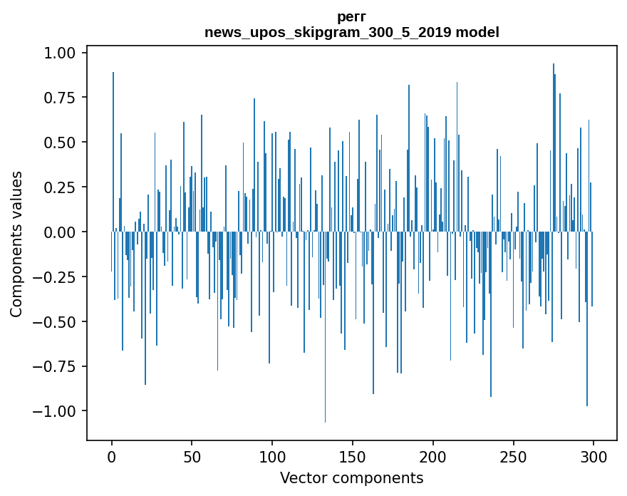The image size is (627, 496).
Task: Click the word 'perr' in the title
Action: pos(351,16)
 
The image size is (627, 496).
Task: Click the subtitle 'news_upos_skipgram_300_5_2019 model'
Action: pos(351,32)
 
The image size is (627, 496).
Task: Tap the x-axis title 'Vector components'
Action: pos(351,478)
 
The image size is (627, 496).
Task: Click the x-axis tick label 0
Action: pos(112,456)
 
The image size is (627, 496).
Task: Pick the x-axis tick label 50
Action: pos(192,456)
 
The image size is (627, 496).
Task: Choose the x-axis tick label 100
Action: pos(272,456)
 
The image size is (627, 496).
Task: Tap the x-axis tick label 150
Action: pos(353,456)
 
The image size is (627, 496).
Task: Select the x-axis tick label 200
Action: pos(432,456)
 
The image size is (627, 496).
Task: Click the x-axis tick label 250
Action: pos(513,456)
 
